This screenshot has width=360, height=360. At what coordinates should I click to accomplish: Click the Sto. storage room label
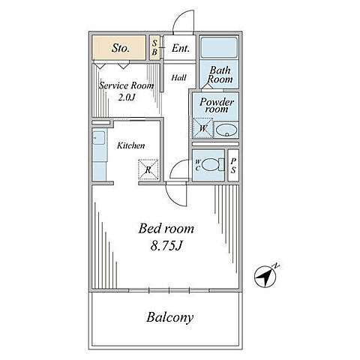[121, 48]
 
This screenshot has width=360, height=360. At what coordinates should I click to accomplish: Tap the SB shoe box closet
[154, 47]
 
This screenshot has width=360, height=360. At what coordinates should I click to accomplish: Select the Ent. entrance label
[180, 48]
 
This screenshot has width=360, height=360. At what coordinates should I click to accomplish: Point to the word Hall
[179, 77]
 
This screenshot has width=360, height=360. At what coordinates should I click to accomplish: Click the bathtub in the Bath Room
[219, 47]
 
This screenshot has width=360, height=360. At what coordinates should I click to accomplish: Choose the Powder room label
[217, 105]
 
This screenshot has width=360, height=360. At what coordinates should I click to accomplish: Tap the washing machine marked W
[202, 128]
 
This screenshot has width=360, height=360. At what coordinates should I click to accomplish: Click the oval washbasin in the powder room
[226, 130]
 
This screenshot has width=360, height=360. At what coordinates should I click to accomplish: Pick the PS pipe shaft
[233, 165]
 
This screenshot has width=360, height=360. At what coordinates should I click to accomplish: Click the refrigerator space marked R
[148, 169]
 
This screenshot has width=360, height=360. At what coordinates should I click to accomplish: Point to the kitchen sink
[99, 138]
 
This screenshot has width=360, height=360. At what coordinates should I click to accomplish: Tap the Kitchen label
[131, 145]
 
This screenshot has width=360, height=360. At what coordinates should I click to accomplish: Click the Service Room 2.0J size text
[127, 97]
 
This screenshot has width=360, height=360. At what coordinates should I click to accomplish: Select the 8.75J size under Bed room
[166, 246]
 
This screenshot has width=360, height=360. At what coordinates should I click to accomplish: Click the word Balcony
[170, 317]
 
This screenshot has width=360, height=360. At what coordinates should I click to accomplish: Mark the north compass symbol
[265, 276]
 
